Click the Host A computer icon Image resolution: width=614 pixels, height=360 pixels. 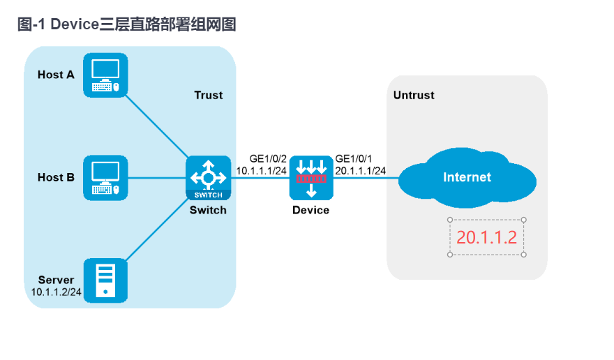[x=105, y=75]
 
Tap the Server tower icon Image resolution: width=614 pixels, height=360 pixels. [x=105, y=280]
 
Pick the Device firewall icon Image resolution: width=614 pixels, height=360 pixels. [x=312, y=177]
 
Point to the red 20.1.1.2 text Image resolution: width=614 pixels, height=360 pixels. [x=486, y=237]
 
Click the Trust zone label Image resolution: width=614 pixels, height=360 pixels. [x=208, y=95]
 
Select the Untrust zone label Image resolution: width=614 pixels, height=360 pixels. [x=414, y=95]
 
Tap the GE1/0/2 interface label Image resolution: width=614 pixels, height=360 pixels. [x=268, y=158]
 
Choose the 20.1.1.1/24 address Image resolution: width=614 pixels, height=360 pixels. [x=361, y=170]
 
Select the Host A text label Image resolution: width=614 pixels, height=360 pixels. [x=56, y=75]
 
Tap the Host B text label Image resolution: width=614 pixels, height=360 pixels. [x=56, y=177]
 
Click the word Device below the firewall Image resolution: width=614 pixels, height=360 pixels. [x=311, y=210]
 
